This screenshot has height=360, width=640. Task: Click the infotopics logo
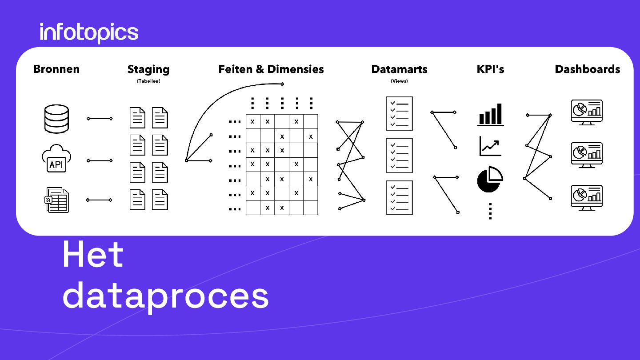(x=89, y=33)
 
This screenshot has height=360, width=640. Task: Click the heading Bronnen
(x=56, y=69)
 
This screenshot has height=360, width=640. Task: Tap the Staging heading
(x=148, y=69)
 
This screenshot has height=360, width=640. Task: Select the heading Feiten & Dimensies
(x=271, y=69)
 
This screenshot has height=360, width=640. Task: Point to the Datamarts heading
(x=399, y=69)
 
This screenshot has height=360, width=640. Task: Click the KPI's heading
(x=490, y=69)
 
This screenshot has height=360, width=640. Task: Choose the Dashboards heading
(x=587, y=69)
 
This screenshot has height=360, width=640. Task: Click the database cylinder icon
(x=57, y=119)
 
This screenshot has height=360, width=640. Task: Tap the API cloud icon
(x=56, y=159)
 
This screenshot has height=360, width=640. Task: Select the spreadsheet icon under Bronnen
(x=57, y=200)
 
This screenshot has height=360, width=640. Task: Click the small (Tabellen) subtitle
(x=148, y=81)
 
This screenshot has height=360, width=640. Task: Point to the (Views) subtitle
(x=399, y=81)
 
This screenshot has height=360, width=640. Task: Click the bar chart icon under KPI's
(x=491, y=115)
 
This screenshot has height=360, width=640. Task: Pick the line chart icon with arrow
(x=490, y=146)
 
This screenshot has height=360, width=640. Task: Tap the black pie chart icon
(x=490, y=179)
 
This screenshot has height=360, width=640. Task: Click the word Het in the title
(x=93, y=255)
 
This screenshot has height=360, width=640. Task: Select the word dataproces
(x=165, y=296)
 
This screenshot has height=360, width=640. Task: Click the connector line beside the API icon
(x=100, y=160)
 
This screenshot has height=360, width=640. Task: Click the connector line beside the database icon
(x=100, y=119)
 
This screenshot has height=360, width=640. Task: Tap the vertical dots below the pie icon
(x=490, y=211)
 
